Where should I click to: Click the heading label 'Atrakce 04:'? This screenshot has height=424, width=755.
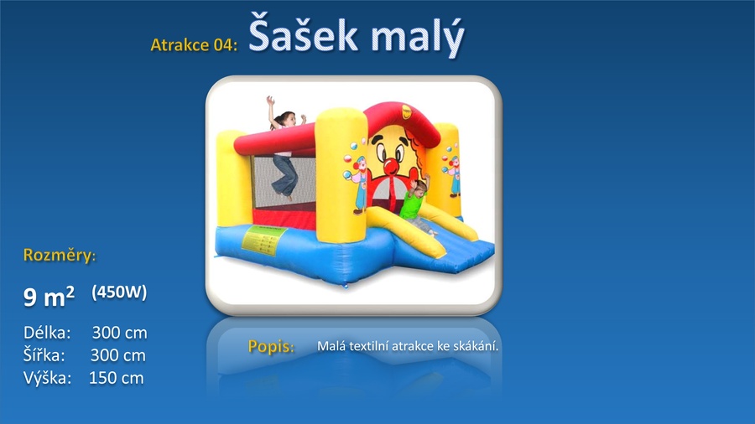(x=194, y=44)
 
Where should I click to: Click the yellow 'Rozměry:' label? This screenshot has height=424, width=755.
(x=60, y=255)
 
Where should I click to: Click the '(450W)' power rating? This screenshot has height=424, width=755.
(x=119, y=292)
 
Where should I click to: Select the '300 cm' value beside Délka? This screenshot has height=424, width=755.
(x=119, y=333)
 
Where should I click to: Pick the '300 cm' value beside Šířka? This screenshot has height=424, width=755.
(x=118, y=355)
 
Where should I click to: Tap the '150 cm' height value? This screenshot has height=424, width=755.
(x=116, y=378)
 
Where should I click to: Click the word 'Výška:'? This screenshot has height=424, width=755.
(x=47, y=378)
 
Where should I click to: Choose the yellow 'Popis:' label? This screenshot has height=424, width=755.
(x=271, y=346)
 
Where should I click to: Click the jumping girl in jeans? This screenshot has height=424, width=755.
(x=284, y=148)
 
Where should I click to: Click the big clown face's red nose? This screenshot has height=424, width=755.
(x=390, y=166)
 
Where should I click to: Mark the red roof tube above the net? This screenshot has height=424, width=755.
(x=274, y=142)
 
